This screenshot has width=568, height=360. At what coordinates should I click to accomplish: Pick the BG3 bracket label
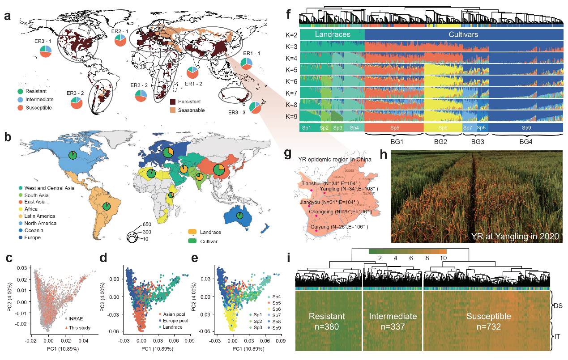pos(474,141)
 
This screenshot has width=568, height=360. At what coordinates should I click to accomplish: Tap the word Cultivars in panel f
pos(463,34)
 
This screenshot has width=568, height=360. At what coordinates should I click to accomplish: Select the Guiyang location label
pos(338,227)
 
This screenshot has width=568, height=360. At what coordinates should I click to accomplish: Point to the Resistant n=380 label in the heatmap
pos(327,321)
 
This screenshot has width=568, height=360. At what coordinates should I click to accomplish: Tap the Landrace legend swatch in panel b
pos(193,232)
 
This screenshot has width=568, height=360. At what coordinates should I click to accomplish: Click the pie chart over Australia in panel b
pos(240,216)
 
